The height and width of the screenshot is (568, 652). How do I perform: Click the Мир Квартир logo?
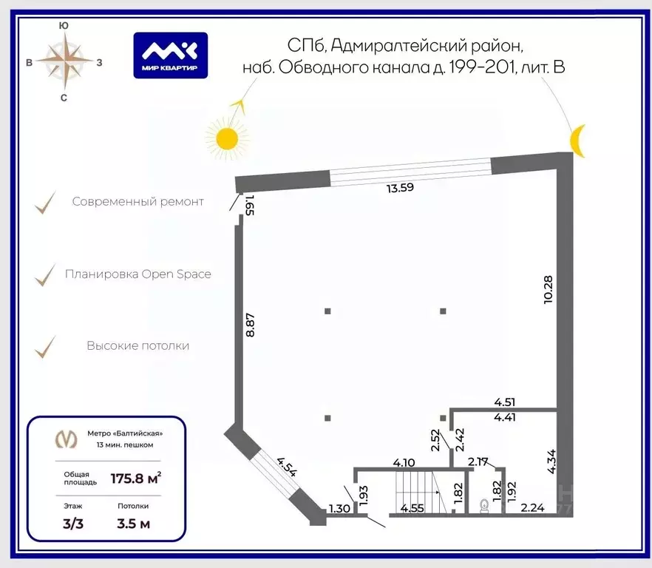pyautogui.click(x=171, y=55)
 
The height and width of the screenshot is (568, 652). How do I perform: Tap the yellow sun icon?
pyautogui.click(x=227, y=138)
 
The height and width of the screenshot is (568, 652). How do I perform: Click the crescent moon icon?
pyautogui.click(x=577, y=141)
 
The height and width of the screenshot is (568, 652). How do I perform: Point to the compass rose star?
pyautogui.click(x=64, y=61)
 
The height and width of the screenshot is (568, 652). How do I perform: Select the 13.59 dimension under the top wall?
pyautogui.click(x=400, y=188)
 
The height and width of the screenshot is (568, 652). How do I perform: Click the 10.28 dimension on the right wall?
pyautogui.click(x=548, y=290)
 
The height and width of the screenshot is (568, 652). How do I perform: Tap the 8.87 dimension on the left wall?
pyautogui.click(x=250, y=325)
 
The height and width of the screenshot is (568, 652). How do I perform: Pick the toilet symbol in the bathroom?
pyautogui.click(x=484, y=506)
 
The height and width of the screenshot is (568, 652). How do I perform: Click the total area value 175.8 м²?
pyautogui.click(x=135, y=479)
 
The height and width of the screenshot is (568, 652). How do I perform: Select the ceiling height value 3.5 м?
pyautogui.click(x=133, y=524)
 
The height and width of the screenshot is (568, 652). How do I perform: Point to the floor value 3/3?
pyautogui.click(x=73, y=524)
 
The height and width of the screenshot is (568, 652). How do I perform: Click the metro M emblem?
pyautogui.click(x=67, y=439)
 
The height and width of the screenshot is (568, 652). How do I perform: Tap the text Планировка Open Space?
pyautogui.click(x=138, y=274)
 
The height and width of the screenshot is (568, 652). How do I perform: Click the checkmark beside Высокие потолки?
pyautogui.click(x=45, y=347)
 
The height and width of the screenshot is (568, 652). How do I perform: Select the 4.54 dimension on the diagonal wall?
pyautogui.click(x=288, y=467)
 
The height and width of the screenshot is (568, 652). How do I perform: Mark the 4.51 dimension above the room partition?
pyautogui.click(x=504, y=402)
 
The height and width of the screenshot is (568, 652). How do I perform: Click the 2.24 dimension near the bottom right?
pyautogui.click(x=533, y=507)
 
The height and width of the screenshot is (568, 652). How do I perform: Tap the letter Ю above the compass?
pyautogui.click(x=64, y=26)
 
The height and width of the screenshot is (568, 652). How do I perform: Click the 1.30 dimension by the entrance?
pyautogui.click(x=339, y=508)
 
